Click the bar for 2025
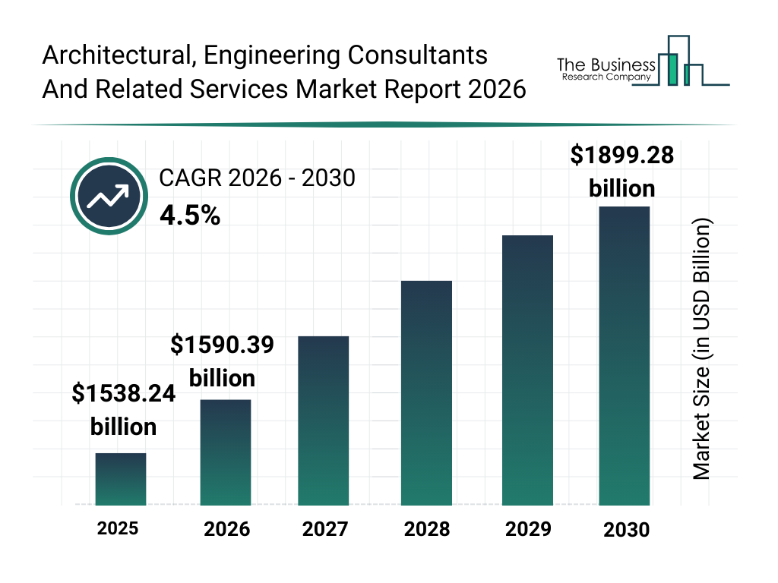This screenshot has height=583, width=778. click(x=121, y=479)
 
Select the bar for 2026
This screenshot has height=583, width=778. click(x=226, y=452)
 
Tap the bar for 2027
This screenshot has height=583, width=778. click(x=324, y=421)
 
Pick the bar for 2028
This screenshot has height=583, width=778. click(x=426, y=392)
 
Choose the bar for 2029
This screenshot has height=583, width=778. click(x=527, y=370)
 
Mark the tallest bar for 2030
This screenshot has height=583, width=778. click(x=625, y=355)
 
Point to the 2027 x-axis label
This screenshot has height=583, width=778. click(x=326, y=529)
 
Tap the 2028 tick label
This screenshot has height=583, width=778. click(x=426, y=529)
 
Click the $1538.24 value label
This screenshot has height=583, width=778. click(x=124, y=410)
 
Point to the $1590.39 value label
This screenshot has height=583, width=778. click(x=222, y=361)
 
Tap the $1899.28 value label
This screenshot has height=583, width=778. click(x=622, y=171)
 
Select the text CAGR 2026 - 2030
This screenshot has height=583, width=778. click(x=257, y=178)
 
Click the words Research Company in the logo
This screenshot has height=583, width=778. click(x=606, y=77)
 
